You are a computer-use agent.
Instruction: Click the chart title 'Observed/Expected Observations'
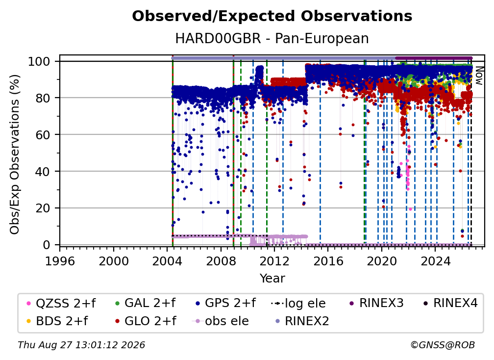[x=272, y=16]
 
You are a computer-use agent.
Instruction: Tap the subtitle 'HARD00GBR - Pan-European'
[x=272, y=39]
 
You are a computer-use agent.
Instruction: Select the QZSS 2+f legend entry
[x=61, y=303]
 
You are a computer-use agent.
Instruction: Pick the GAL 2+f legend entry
[x=145, y=303]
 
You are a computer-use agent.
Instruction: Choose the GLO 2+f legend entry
[x=145, y=321]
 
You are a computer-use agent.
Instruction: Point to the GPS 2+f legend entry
[x=225, y=303]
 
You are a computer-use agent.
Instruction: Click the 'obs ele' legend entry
[x=220, y=321]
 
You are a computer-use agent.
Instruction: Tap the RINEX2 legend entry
[x=302, y=321]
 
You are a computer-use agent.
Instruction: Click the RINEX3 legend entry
[x=377, y=303]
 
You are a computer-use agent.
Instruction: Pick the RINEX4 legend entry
[x=451, y=303]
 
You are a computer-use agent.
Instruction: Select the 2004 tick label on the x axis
[x=167, y=261]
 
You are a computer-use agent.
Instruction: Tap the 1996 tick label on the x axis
[x=60, y=261]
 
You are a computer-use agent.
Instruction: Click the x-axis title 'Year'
[x=272, y=279]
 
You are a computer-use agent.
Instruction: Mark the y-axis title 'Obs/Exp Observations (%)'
[x=15, y=154]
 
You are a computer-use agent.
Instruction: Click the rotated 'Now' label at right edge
[x=479, y=76]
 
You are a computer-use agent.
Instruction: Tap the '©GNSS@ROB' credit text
[x=443, y=345]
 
